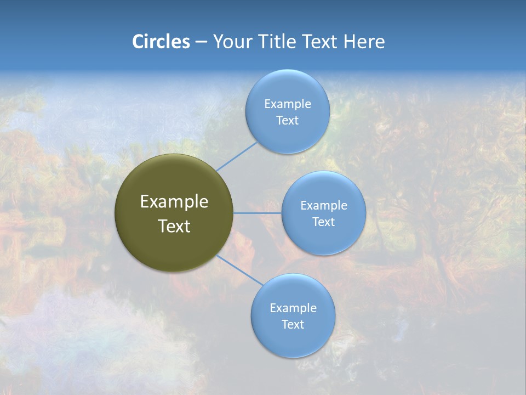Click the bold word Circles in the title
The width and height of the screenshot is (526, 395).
click(x=161, y=42)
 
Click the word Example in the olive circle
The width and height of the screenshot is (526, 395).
click(x=174, y=202)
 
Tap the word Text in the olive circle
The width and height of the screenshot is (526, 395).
click(x=174, y=226)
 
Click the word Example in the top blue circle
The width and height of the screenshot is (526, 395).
click(x=288, y=104)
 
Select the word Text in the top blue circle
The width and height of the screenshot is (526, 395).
click(x=288, y=121)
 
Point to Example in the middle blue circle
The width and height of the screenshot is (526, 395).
click(x=323, y=206)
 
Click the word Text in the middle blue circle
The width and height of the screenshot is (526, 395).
click(x=323, y=222)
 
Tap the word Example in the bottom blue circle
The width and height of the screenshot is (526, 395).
click(x=293, y=308)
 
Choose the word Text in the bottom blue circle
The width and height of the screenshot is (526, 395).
click(x=293, y=325)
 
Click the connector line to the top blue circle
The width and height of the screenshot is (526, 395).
click(x=237, y=156)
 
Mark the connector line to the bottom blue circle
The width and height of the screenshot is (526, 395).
click(x=240, y=270)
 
